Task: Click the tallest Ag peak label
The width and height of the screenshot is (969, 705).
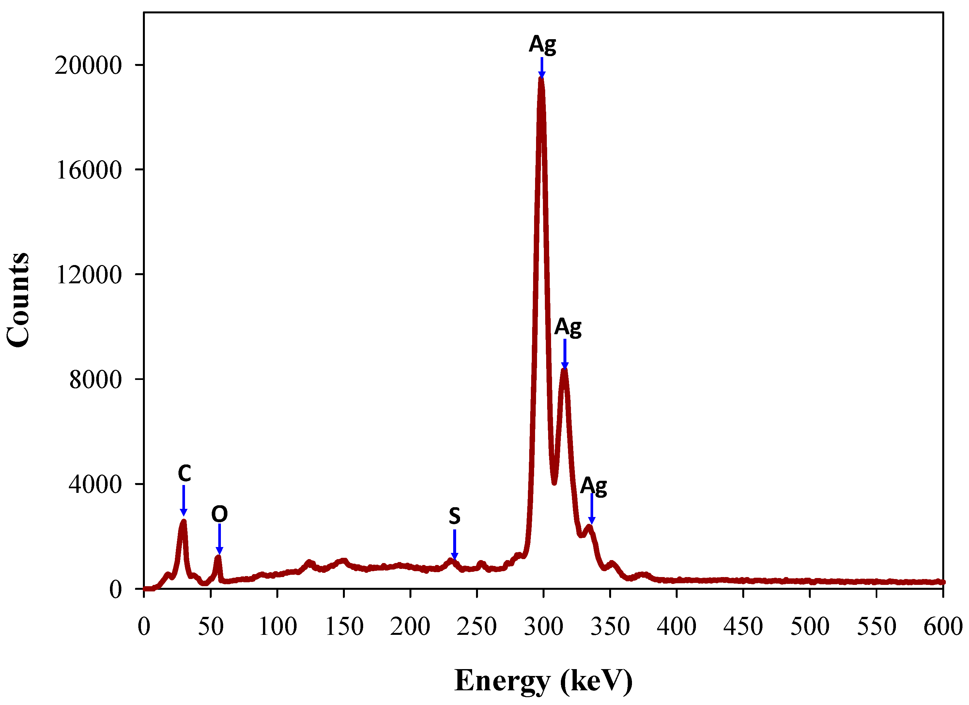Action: [542, 44]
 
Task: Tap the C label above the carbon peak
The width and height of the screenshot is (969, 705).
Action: [184, 473]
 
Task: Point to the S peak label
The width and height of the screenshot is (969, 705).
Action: [454, 516]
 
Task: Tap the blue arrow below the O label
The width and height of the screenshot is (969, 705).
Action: [220, 539]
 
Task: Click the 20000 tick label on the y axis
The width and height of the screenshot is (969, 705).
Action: [88, 65]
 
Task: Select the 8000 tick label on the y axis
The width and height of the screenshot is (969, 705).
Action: [95, 380]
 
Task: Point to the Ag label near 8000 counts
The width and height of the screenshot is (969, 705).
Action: [568, 327]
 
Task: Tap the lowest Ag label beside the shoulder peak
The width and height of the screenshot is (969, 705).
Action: [593, 486]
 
